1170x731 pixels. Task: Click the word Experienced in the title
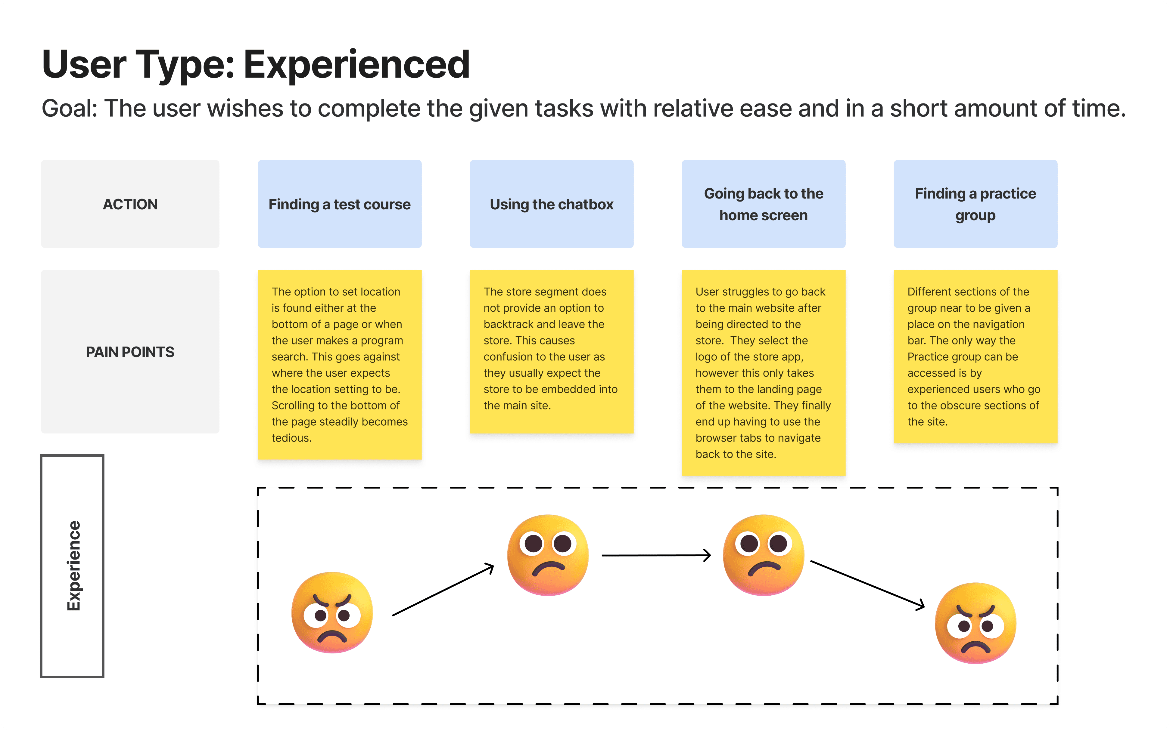click(356, 65)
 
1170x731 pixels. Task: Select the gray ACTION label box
click(130, 204)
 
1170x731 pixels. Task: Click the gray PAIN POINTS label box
click(130, 351)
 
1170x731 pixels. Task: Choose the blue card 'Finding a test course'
click(340, 204)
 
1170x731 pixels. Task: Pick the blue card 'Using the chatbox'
click(552, 204)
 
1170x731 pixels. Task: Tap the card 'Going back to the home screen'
click(764, 204)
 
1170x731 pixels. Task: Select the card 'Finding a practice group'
click(976, 204)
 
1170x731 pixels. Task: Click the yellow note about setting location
click(340, 365)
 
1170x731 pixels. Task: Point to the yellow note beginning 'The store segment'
click(552, 351)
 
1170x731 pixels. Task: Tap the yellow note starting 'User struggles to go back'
click(764, 373)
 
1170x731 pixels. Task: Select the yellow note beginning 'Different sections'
click(976, 356)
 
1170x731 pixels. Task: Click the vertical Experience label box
click(72, 566)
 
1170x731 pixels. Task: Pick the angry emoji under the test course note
click(332, 612)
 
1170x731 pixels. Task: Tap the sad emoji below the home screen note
click(764, 555)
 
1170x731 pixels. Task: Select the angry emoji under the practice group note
click(976, 623)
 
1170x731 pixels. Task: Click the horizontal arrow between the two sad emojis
click(656, 556)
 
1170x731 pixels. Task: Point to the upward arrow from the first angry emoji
click(443, 589)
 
